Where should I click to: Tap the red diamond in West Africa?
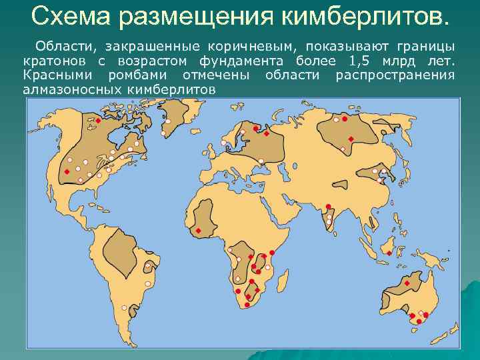pos(198,231)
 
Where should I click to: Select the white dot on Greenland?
pos(169,122)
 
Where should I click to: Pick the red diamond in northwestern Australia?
pos(406,284)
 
